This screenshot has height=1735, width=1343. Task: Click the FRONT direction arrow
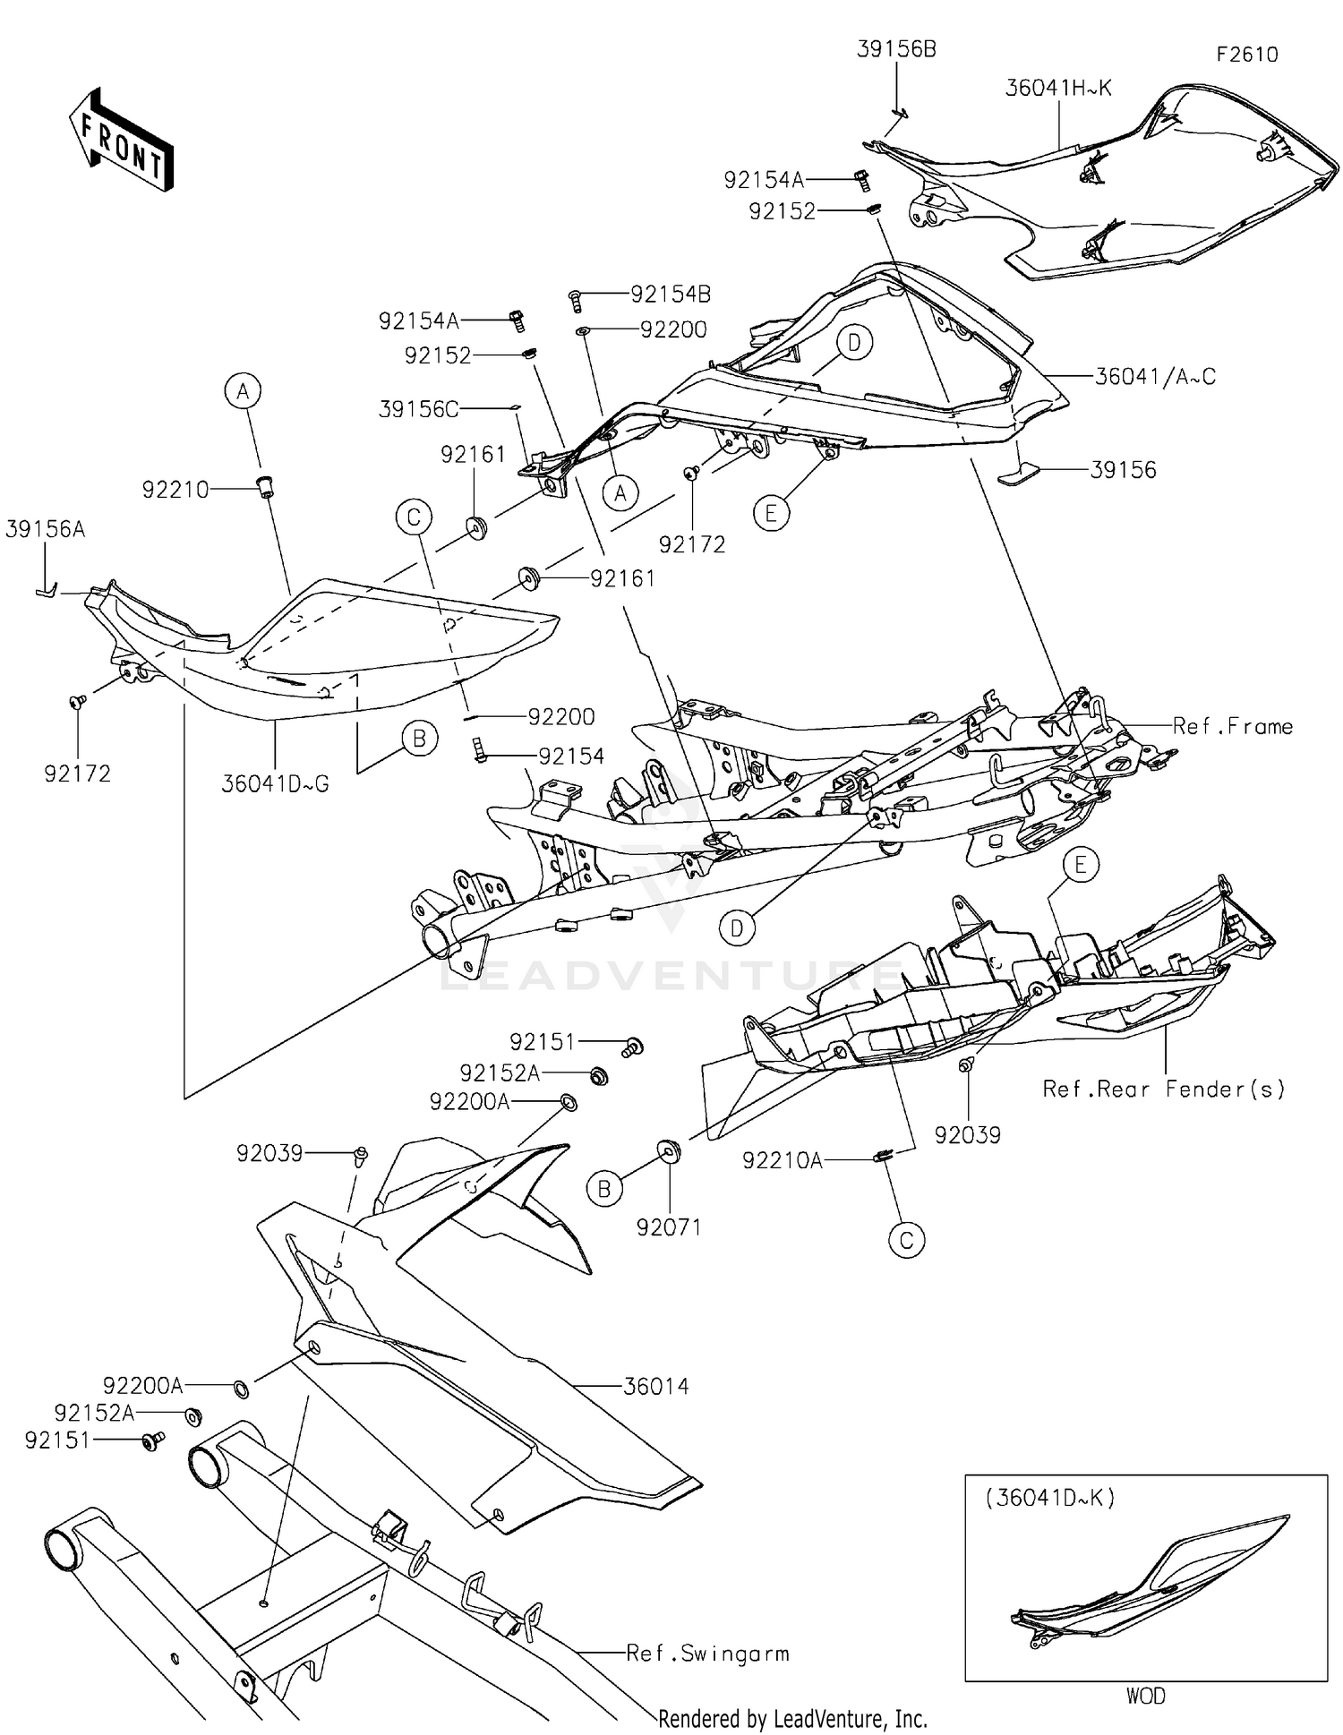tap(121, 141)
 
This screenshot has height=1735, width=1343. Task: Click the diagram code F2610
tap(1246, 55)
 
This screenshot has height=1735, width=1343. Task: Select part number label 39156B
tap(896, 49)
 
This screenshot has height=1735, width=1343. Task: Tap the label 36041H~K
tap(1058, 88)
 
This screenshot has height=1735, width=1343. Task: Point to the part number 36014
tap(655, 1387)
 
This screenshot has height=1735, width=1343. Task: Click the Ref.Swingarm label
tap(707, 1654)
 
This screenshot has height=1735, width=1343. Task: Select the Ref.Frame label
tap(1232, 726)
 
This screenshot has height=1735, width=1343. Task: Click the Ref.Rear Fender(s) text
tap(1163, 1089)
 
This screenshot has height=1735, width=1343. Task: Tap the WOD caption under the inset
tap(1145, 1696)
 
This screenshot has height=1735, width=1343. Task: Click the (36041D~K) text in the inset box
tap(1050, 1498)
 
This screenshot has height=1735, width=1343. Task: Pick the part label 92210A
tap(782, 1161)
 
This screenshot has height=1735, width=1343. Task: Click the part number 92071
tap(668, 1227)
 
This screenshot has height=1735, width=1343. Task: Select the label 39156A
tap(45, 529)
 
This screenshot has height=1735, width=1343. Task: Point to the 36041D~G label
tap(275, 784)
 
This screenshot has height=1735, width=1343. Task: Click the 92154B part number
tap(671, 294)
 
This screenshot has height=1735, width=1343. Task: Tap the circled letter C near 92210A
tap(906, 1240)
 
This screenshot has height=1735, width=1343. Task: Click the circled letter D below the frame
tap(736, 928)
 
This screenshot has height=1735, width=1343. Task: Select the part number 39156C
tap(418, 409)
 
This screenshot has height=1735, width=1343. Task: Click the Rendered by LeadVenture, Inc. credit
tap(792, 1718)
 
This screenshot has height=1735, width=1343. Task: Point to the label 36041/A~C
tap(1155, 377)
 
